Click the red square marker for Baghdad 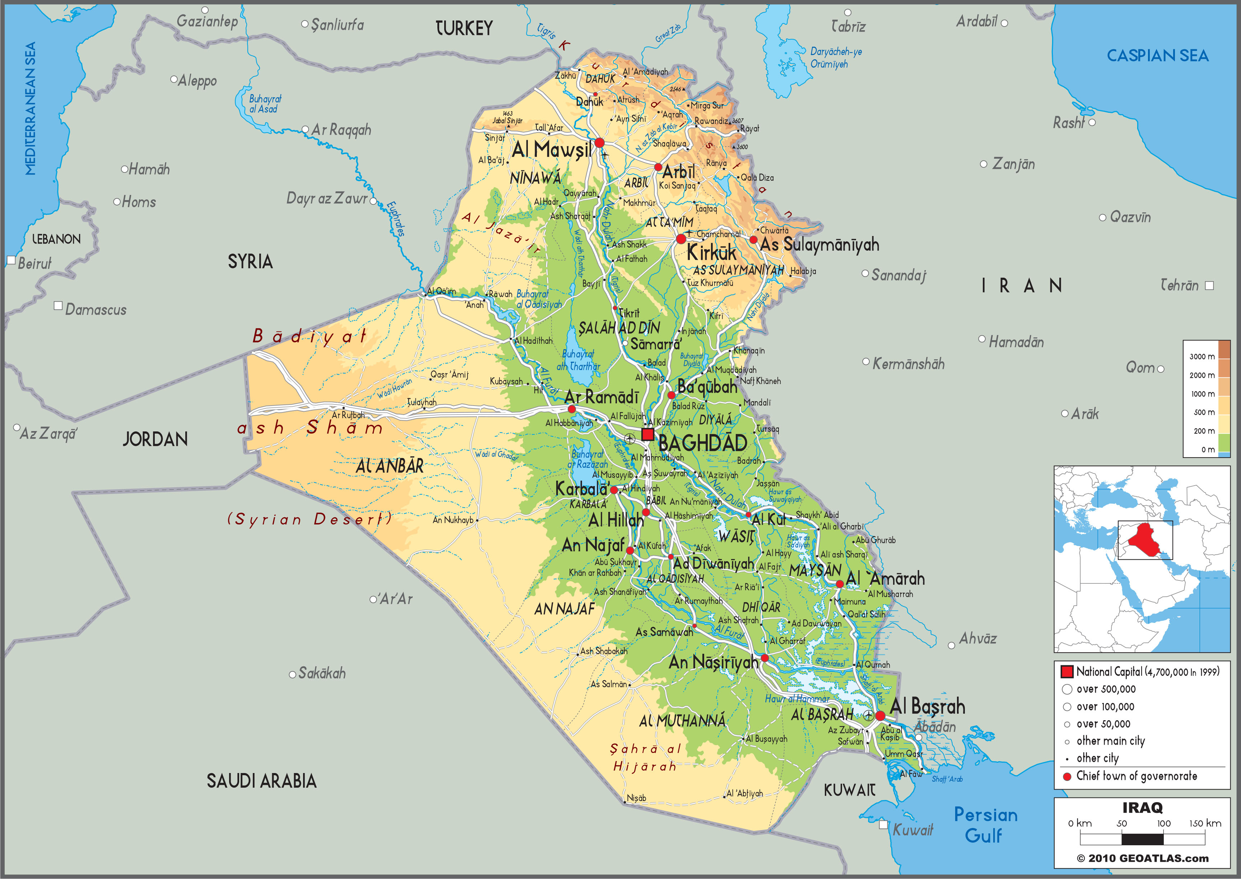[x=647, y=434]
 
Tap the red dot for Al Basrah [x=880, y=716]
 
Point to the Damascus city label [x=96, y=310]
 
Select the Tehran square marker [x=1210, y=285]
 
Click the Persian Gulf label [x=985, y=825]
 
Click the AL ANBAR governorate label [x=390, y=466]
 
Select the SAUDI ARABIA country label [x=261, y=781]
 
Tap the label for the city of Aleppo [x=197, y=81]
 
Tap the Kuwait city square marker [x=883, y=825]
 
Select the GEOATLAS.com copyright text [x=1142, y=859]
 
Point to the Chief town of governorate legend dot [x=1067, y=776]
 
